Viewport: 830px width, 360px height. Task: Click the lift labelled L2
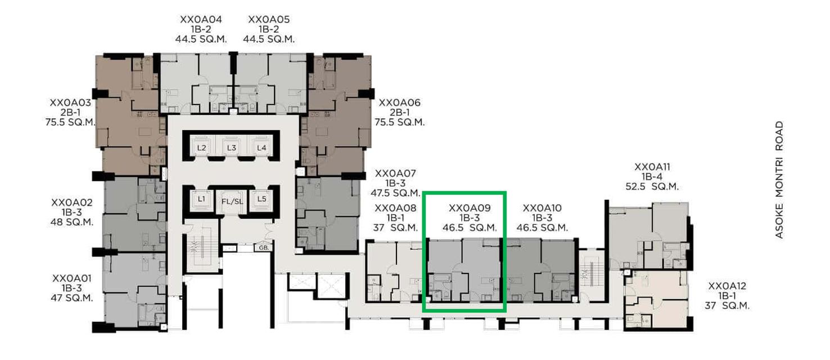point(202,148)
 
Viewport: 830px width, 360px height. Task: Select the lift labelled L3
point(231,148)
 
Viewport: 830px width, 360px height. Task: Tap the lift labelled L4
point(261,148)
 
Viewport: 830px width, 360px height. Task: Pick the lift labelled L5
point(261,199)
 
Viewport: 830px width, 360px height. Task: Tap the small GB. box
point(263,247)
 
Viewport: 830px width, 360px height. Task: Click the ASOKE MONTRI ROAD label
point(779,180)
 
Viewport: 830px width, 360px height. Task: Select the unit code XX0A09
point(470,208)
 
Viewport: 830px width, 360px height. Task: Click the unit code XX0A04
point(201,19)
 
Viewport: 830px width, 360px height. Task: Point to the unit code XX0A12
point(727,286)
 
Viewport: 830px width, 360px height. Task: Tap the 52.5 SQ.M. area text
point(652,187)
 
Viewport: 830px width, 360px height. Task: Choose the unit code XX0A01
point(72,278)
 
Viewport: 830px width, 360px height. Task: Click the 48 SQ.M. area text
point(72,222)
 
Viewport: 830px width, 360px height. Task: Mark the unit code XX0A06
point(399,102)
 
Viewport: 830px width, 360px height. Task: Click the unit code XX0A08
point(396,208)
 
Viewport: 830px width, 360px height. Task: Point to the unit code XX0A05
point(269,19)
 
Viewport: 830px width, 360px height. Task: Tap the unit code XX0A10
point(542,208)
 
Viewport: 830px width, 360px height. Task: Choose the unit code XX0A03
point(70,102)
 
